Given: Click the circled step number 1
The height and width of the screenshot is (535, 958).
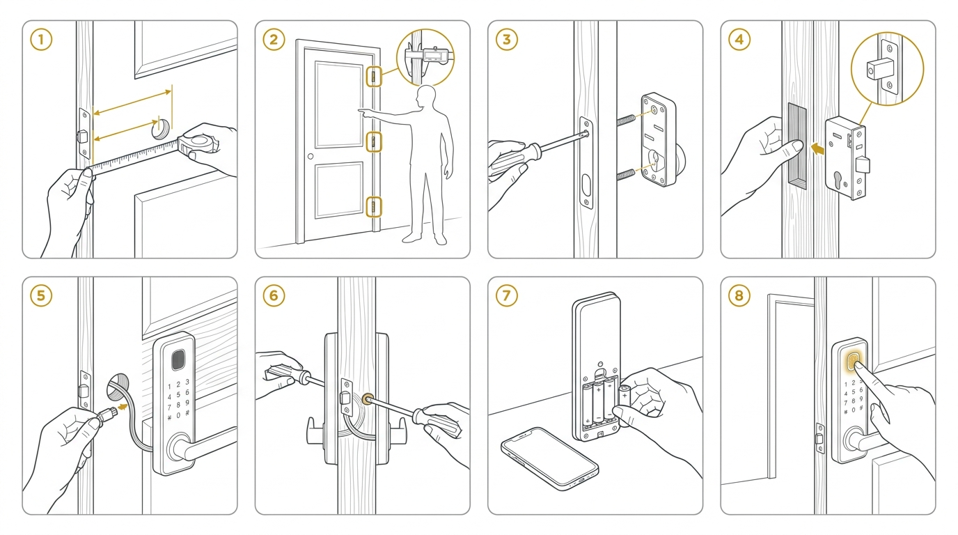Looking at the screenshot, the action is click(x=41, y=40).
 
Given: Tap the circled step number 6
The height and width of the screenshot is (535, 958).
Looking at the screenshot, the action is click(x=274, y=296).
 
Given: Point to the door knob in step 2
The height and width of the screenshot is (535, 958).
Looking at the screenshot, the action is click(x=311, y=156).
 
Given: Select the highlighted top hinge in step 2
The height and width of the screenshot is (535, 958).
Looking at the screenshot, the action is click(x=374, y=77).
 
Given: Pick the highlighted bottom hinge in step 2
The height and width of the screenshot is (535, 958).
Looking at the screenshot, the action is click(x=374, y=208).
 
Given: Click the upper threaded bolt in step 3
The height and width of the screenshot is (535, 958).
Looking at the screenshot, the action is click(x=626, y=119).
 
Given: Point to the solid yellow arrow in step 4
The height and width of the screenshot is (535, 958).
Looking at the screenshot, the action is click(x=817, y=149).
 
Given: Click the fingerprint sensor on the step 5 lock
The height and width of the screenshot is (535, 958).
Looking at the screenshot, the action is click(x=178, y=360).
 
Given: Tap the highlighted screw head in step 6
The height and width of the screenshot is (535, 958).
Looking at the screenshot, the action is click(x=366, y=400).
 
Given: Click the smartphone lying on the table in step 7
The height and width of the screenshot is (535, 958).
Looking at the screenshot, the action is click(x=549, y=458).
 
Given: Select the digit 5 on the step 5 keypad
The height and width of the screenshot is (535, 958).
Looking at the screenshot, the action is click(x=178, y=394).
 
